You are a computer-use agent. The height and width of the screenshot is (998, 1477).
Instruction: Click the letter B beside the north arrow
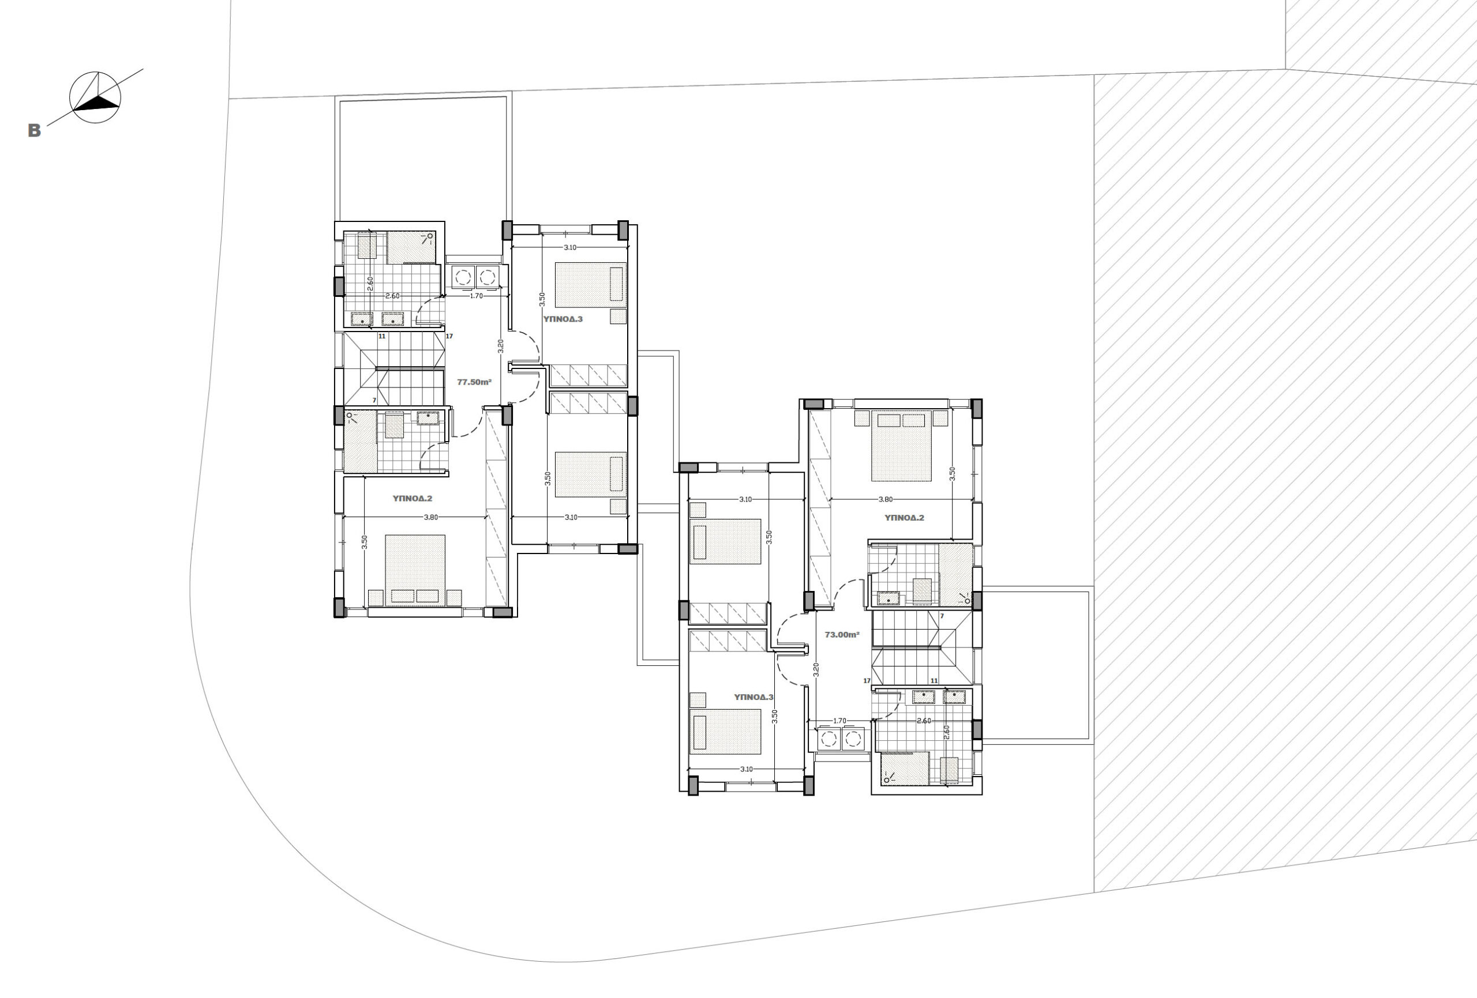pyautogui.click(x=34, y=130)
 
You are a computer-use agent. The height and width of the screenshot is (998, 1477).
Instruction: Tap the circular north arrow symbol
pyautogui.click(x=95, y=97)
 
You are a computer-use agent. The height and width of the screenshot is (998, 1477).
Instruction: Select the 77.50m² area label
pyautogui.click(x=474, y=382)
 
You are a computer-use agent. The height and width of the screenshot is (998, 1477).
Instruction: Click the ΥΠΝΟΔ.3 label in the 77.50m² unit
pyautogui.click(x=563, y=319)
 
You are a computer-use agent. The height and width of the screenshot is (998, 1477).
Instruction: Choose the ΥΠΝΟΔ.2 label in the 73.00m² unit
pyautogui.click(x=904, y=518)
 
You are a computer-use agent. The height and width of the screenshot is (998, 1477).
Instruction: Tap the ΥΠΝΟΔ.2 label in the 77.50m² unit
pyautogui.click(x=412, y=499)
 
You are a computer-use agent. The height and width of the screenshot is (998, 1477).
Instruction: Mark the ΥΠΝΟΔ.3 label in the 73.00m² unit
pyautogui.click(x=754, y=697)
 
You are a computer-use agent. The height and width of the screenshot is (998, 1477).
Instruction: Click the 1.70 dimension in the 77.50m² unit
pyautogui.click(x=476, y=296)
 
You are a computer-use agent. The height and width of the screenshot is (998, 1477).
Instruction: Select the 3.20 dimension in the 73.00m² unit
pyautogui.click(x=816, y=669)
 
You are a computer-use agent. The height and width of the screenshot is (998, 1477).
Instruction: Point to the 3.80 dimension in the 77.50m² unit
pyautogui.click(x=430, y=517)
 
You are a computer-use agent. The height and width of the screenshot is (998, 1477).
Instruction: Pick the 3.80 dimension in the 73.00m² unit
pyautogui.click(x=885, y=499)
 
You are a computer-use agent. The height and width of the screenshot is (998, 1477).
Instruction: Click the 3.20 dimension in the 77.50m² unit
pyautogui.click(x=500, y=347)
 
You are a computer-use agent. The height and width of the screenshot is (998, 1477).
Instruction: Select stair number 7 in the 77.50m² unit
pyautogui.click(x=374, y=400)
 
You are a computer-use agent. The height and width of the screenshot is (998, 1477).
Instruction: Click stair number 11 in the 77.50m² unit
pyautogui.click(x=382, y=336)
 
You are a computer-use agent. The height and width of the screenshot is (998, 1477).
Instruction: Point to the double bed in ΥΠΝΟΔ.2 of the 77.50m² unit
pyautogui.click(x=415, y=570)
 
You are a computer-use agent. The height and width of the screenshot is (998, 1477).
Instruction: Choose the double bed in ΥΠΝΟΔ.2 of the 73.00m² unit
pyautogui.click(x=901, y=445)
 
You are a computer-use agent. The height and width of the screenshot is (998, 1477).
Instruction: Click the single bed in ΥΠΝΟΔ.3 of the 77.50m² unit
pyautogui.click(x=590, y=285)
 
